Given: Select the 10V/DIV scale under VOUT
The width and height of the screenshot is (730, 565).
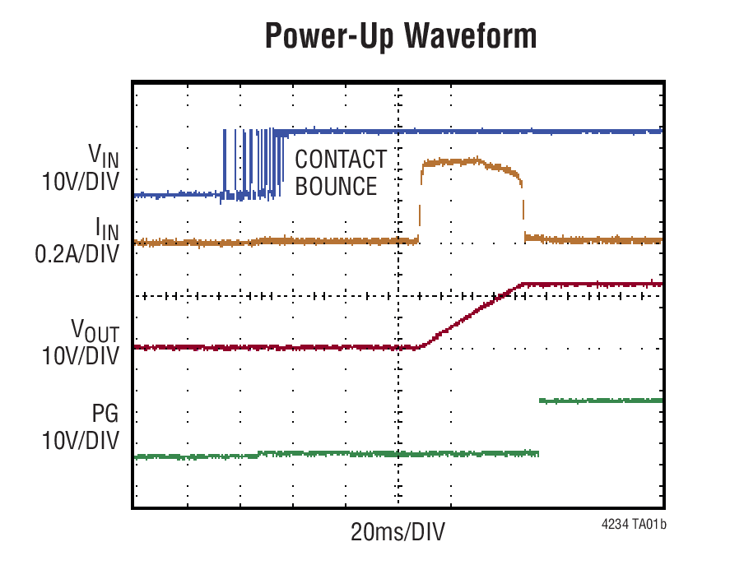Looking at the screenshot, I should click(80, 357).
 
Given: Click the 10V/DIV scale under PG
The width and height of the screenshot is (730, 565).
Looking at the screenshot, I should click(80, 440).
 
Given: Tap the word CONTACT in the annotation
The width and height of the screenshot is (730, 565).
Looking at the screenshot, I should click(341, 159).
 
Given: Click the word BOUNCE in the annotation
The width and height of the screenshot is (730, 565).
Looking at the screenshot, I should click(336, 187).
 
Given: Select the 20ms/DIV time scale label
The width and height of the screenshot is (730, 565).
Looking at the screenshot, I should click(398, 532).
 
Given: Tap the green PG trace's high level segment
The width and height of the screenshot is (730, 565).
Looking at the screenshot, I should click(601, 401).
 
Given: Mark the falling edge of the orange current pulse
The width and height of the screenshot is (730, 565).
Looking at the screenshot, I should click(523, 206).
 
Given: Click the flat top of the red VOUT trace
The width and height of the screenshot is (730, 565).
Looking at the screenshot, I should click(593, 284).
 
